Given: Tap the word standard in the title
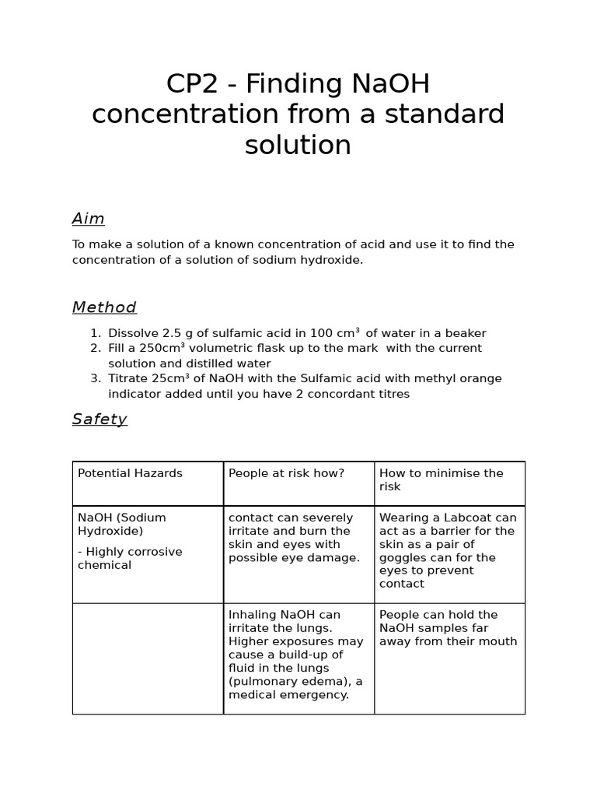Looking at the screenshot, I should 445,114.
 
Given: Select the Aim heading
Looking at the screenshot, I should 89,219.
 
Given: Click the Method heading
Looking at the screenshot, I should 104,307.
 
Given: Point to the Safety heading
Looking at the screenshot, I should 99,420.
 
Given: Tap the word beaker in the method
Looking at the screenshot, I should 466,333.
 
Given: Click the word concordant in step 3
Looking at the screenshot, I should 340,394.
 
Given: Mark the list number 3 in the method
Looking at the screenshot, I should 95,378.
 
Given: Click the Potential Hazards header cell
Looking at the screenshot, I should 130,473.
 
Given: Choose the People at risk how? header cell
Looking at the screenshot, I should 286,473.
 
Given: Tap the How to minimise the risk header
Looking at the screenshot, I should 441,479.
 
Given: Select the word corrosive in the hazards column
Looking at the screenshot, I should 153,552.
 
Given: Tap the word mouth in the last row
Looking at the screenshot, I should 499,641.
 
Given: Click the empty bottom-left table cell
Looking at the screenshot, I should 148,658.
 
